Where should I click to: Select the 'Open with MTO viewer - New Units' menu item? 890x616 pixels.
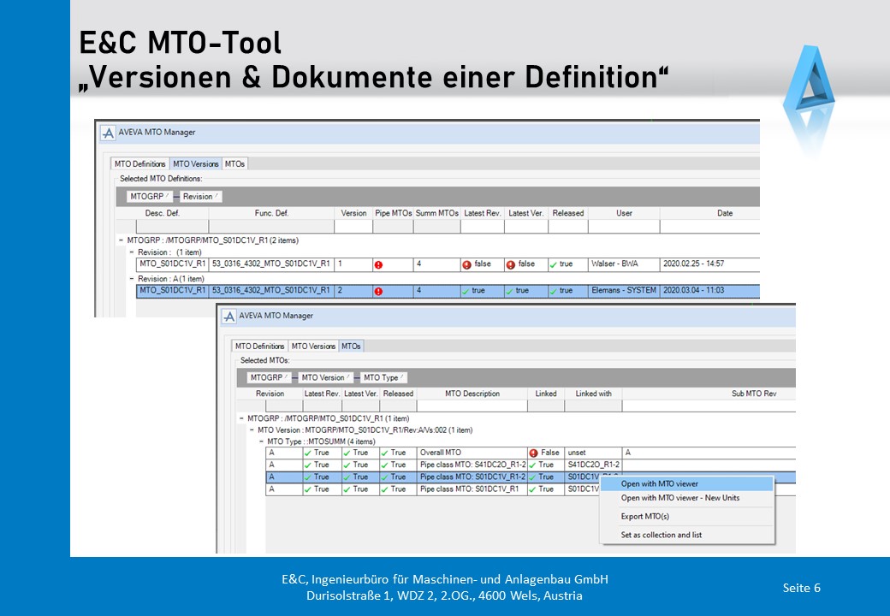point(680,497)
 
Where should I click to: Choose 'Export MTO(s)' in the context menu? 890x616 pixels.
point(644,516)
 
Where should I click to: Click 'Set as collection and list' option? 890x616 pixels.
point(662,535)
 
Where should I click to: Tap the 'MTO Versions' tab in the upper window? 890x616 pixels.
point(195,164)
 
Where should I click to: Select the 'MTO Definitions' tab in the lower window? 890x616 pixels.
point(259,346)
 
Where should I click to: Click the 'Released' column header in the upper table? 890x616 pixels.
point(567,213)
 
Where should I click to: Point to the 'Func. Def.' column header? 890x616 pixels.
point(271,213)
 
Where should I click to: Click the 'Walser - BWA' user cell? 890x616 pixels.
point(614,264)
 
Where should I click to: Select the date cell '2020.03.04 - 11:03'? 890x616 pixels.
point(694,290)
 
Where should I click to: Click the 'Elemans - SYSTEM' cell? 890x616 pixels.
point(624,290)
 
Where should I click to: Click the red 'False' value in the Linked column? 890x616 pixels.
point(544,453)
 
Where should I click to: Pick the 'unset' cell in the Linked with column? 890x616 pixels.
point(577,453)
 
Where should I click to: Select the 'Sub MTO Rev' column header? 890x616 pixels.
point(754,394)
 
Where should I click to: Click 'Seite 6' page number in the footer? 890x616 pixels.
point(802,588)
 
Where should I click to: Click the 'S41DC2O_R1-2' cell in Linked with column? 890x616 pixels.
point(593,465)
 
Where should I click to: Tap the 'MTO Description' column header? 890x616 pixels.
point(472,394)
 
